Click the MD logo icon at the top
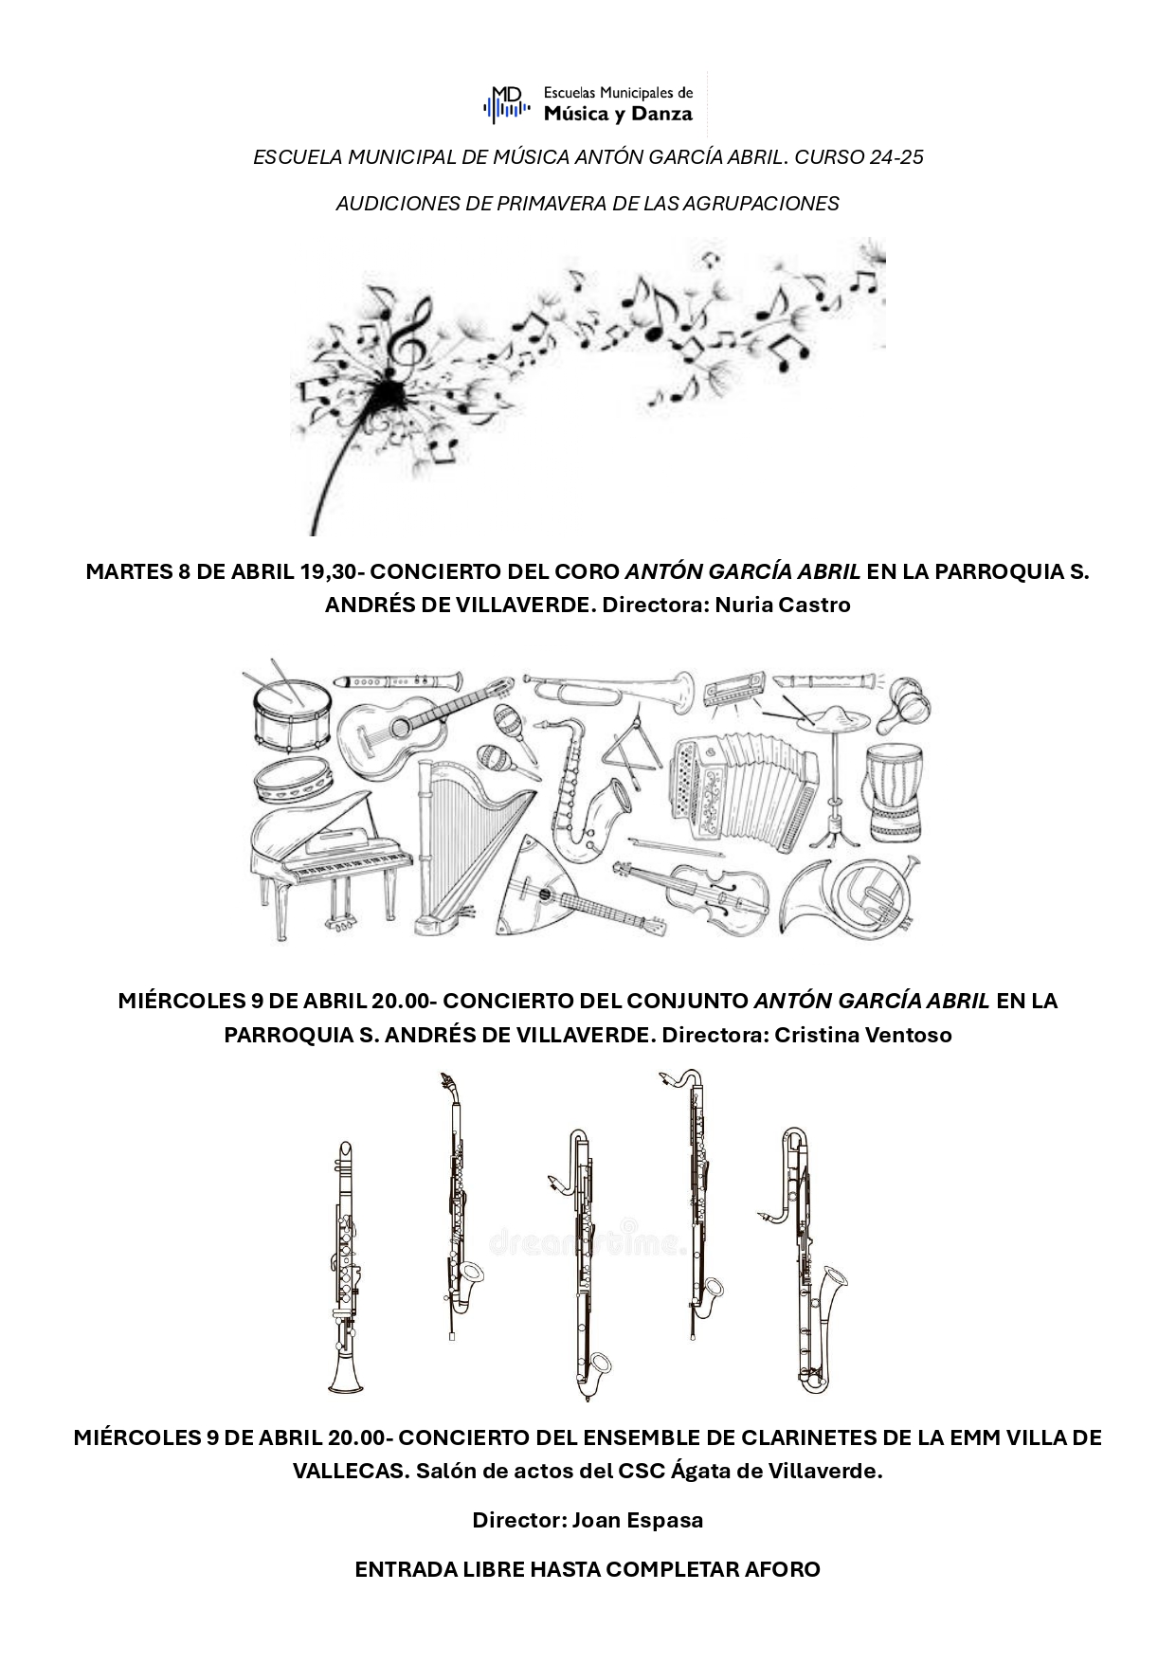point(507,103)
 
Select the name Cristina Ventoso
point(863,1035)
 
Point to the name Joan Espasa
point(638,1521)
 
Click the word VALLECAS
point(351,1472)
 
